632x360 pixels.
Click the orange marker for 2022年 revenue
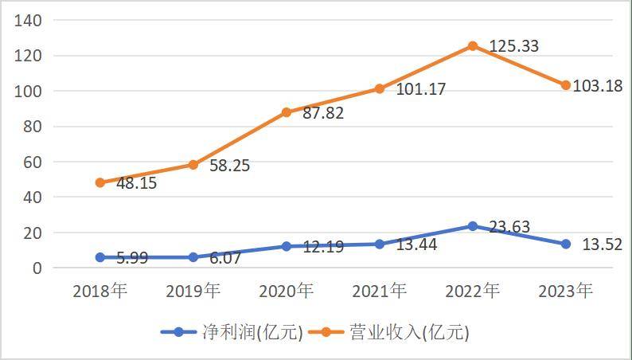click(473, 46)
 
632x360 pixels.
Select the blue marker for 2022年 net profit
click(473, 226)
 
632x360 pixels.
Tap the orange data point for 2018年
click(100, 182)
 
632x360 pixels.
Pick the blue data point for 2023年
click(566, 244)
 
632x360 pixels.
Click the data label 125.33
click(513, 46)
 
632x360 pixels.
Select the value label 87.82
click(323, 113)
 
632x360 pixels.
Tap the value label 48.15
click(136, 183)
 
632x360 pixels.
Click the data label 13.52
click(601, 245)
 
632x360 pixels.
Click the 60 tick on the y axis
click(32, 162)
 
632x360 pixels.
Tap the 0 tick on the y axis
click(37, 268)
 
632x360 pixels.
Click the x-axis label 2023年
click(566, 292)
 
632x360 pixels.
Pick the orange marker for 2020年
click(287, 112)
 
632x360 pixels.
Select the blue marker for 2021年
click(380, 244)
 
